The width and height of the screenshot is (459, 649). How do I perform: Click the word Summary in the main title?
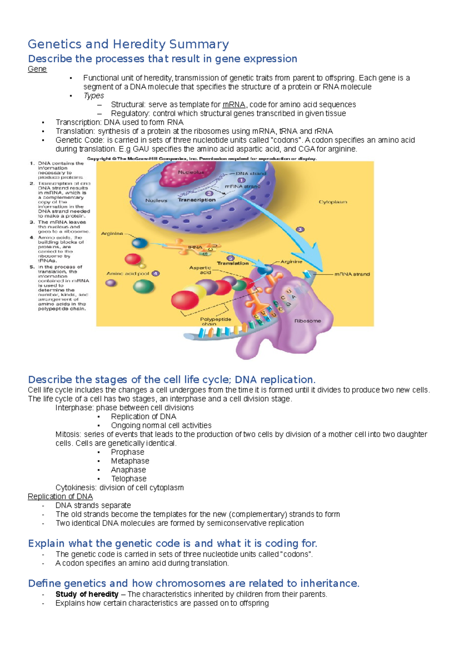[199, 44]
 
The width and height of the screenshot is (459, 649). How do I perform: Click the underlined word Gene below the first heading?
[37, 69]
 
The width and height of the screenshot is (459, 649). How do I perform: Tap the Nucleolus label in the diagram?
[191, 172]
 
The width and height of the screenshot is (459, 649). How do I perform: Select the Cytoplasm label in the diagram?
[333, 202]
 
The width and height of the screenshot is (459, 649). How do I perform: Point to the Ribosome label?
[308, 321]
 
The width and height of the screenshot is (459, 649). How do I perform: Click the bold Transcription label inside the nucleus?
[197, 200]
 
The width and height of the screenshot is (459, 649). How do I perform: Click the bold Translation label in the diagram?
[233, 263]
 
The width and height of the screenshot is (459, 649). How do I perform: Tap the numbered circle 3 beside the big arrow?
[300, 229]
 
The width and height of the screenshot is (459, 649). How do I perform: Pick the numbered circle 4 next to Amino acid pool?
[155, 273]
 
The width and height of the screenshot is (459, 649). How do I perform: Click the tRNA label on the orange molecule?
[195, 247]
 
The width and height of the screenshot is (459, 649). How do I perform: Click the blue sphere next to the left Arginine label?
[139, 243]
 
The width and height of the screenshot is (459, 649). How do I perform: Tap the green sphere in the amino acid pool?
[143, 286]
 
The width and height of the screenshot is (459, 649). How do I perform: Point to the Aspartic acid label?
[200, 270]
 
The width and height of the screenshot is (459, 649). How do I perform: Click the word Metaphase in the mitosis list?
[130, 461]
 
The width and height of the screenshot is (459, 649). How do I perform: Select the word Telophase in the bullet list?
[129, 479]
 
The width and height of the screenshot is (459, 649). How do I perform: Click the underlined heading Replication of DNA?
[60, 496]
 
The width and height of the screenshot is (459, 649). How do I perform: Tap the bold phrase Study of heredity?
[87, 594]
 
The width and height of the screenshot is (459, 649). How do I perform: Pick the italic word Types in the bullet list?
[93, 96]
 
